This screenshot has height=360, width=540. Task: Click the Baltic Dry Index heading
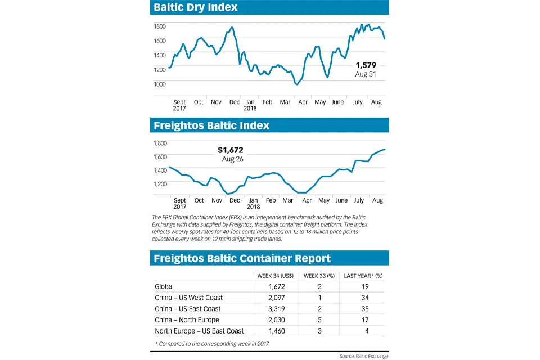coord(196,7)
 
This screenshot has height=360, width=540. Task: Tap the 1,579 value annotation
coord(366,65)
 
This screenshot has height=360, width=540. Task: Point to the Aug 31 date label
coord(366,74)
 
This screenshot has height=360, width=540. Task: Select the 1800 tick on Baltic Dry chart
coord(160,26)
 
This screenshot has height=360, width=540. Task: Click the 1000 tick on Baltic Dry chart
coord(160,84)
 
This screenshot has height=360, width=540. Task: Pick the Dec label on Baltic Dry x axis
coord(235,102)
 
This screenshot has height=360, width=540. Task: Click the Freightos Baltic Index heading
coord(211,125)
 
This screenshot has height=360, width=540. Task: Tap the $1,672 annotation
coord(231,150)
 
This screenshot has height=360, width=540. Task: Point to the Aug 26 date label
coord(232,159)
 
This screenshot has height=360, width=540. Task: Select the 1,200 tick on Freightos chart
coord(160,183)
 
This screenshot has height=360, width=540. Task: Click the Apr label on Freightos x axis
coord(307,200)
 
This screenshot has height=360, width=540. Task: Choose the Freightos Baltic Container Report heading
coord(242,258)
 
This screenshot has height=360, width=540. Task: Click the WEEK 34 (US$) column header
coord(276,276)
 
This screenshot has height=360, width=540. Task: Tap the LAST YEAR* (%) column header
coord(363,276)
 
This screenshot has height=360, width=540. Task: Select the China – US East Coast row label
coord(188,309)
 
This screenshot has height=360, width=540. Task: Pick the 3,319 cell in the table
coord(277,309)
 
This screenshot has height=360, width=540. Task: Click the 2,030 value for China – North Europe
coord(277,319)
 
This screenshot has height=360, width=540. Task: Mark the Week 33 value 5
coord(319,319)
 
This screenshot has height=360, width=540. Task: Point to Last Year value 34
coord(365,298)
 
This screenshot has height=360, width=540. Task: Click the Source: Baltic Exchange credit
coord(364,356)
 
